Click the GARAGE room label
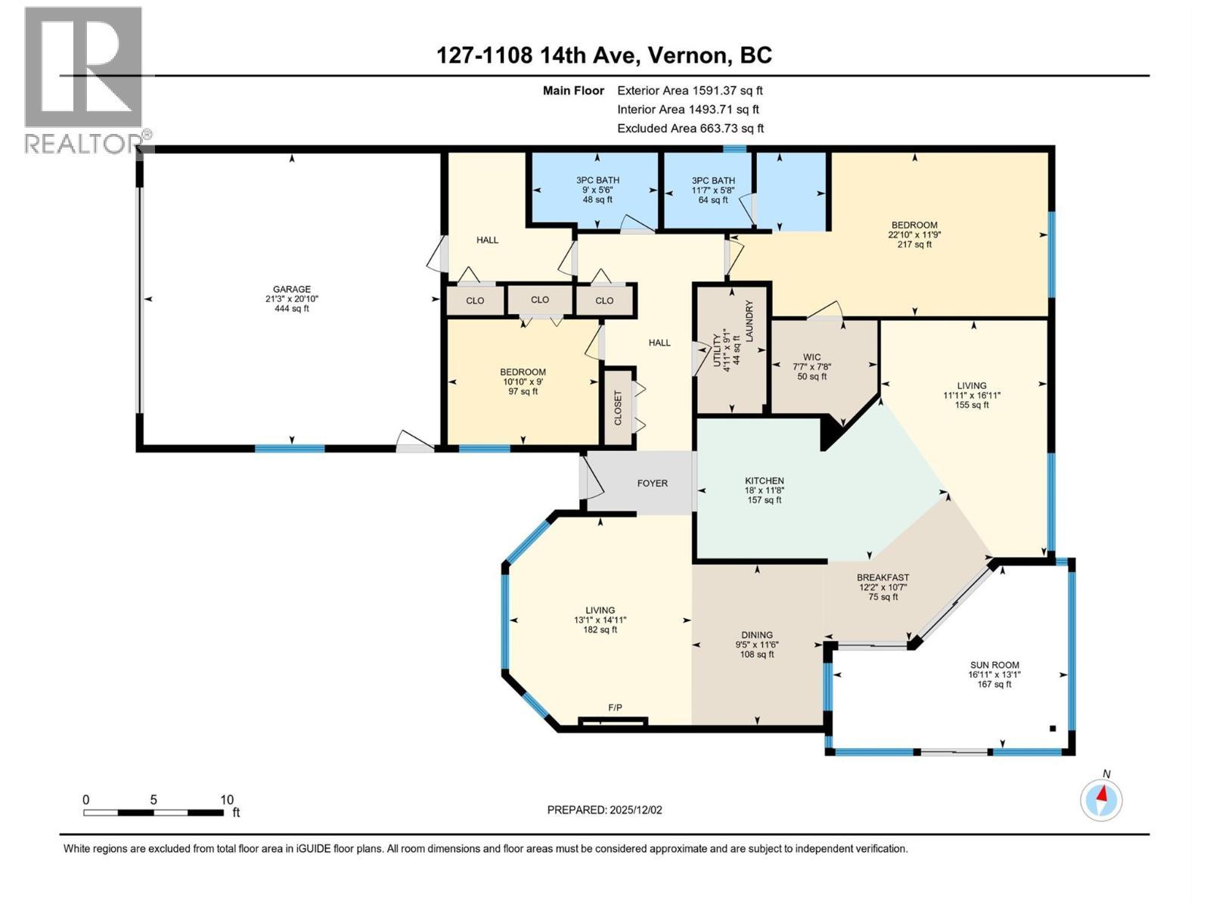click(292, 289)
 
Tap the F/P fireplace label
click(615, 707)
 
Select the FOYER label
click(652, 484)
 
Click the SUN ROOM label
click(994, 665)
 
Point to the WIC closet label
click(811, 357)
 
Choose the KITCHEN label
click(764, 480)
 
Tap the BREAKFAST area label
click(883, 577)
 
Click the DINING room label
click(756, 635)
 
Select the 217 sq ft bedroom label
click(914, 235)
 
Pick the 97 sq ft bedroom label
click(523, 381)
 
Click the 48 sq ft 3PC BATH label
click(597, 190)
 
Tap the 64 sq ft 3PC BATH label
click(713, 190)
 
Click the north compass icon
click(1102, 800)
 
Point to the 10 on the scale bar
click(226, 800)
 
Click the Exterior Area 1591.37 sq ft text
click(690, 91)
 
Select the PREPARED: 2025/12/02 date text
click(604, 810)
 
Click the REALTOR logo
click(85, 79)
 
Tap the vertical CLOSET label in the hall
click(618, 408)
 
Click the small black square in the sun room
click(1052, 729)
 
